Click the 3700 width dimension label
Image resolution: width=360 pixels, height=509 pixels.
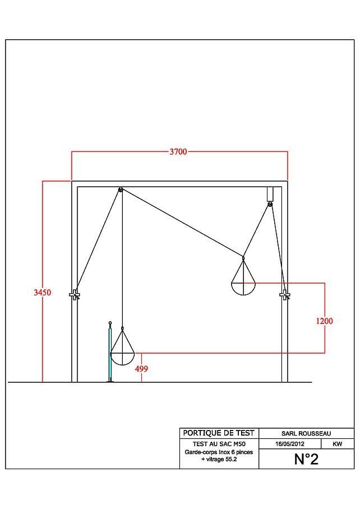[178, 151]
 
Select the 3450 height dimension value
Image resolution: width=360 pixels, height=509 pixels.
[43, 293]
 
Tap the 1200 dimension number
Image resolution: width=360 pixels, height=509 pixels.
[324, 321]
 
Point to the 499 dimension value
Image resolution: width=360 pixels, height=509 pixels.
[141, 369]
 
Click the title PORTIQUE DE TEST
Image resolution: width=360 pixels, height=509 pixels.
[219, 433]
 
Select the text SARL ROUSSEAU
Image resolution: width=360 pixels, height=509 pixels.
[306, 433]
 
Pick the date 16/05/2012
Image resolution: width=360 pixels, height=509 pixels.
[290, 444]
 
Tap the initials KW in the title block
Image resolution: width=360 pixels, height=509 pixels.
[337, 444]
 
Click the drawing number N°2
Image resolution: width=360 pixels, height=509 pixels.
[306, 459]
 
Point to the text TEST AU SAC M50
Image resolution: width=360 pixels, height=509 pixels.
[219, 444]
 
